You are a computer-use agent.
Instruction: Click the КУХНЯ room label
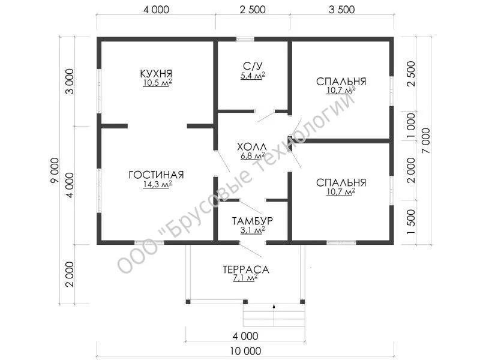click(x=156, y=73)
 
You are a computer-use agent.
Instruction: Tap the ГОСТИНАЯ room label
click(x=156, y=175)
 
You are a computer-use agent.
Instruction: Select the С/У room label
click(x=253, y=66)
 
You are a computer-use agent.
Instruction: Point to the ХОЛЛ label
click(x=252, y=146)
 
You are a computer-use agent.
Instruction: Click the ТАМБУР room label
click(x=252, y=221)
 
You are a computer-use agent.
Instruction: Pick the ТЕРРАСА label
click(x=246, y=269)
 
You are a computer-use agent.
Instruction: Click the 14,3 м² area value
click(x=157, y=184)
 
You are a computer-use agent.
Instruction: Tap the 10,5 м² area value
click(x=157, y=83)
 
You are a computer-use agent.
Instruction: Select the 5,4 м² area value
click(x=253, y=76)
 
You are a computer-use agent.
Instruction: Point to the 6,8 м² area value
click(x=253, y=156)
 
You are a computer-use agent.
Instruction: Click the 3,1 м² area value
click(x=253, y=230)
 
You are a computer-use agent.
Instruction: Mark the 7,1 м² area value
click(x=245, y=278)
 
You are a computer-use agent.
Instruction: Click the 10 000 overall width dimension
click(x=245, y=351)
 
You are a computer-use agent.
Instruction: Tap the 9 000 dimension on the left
click(x=55, y=170)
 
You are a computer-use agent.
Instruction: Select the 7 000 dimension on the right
click(x=426, y=141)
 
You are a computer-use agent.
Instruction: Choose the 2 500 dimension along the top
click(x=253, y=10)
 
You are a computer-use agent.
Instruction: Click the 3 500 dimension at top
click(x=341, y=10)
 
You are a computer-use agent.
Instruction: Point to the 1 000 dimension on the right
click(x=411, y=125)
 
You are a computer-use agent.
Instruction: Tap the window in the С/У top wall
click(x=245, y=39)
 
